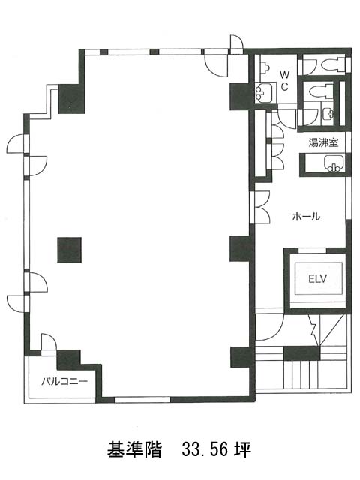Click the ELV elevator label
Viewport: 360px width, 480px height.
[x=318, y=279]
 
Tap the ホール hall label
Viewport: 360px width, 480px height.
[x=307, y=217]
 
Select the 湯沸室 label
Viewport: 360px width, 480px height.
[x=323, y=142]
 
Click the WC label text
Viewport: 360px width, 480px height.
[x=285, y=80]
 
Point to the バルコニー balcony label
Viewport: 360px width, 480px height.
[x=64, y=381]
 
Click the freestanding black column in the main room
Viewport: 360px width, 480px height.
[x=70, y=250]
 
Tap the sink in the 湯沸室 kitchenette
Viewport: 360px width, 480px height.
[x=334, y=163]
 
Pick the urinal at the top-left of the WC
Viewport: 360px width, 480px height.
[x=264, y=66]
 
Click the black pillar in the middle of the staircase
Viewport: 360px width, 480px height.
[x=301, y=352]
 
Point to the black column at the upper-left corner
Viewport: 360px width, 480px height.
[x=71, y=98]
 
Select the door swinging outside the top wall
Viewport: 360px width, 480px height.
[x=236, y=43]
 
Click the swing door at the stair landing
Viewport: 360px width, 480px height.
[x=271, y=326]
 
